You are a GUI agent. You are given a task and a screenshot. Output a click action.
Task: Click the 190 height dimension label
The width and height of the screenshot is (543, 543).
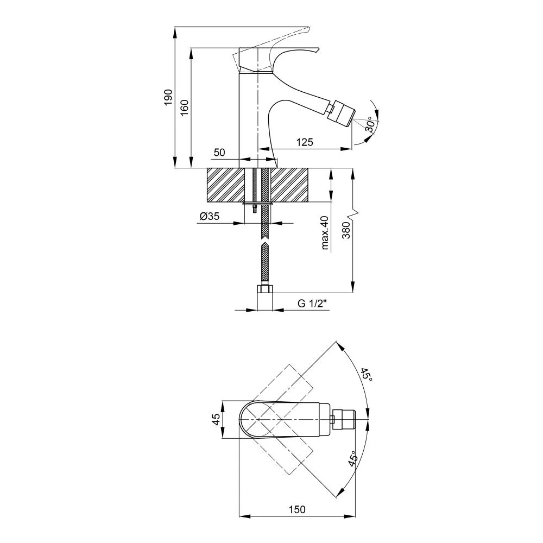click(168, 97)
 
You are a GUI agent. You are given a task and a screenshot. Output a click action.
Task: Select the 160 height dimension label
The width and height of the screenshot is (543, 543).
click(185, 108)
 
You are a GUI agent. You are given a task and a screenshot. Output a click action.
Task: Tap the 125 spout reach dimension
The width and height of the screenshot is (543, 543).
click(305, 142)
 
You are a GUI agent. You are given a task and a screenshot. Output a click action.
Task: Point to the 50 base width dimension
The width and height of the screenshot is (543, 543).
click(219, 153)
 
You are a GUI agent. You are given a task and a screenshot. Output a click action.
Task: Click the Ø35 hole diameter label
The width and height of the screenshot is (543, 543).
click(210, 216)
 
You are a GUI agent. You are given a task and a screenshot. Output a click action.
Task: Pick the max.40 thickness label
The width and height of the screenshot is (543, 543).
click(325, 232)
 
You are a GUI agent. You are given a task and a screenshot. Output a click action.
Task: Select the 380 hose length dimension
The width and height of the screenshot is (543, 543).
click(346, 230)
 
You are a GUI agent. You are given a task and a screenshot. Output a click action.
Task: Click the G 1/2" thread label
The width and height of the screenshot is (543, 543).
click(312, 304)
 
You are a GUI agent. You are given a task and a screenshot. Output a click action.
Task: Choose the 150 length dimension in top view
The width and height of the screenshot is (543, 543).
click(297, 509)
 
